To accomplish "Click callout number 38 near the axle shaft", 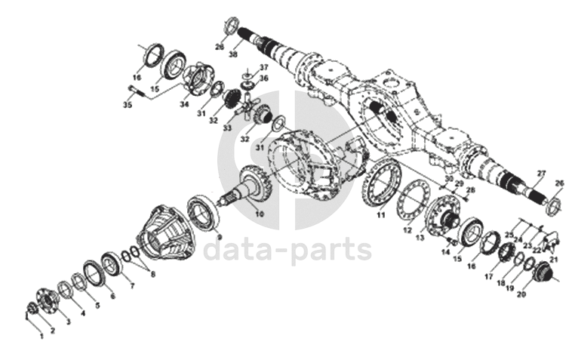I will click(x=233, y=55).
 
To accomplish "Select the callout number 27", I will click(x=540, y=174).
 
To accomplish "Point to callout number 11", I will click(x=382, y=215).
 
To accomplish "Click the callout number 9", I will click(x=220, y=236).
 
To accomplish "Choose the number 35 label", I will click(x=128, y=105).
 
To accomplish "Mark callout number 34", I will click(x=184, y=105).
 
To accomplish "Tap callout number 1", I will click(x=42, y=336).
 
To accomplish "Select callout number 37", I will click(x=264, y=67).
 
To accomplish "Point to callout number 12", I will click(x=407, y=229).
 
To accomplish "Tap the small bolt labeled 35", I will click(x=135, y=91).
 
